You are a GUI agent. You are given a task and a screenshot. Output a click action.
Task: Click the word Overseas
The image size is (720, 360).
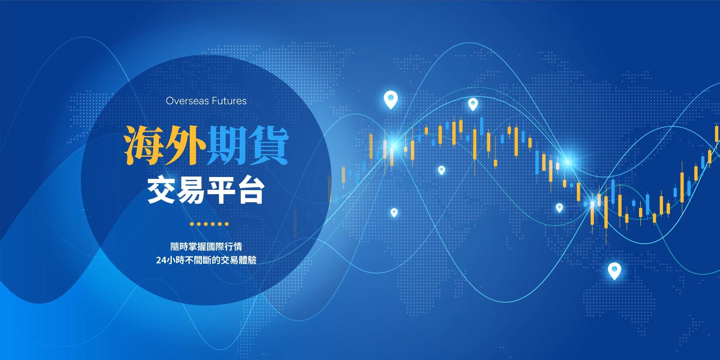[x=187, y=101]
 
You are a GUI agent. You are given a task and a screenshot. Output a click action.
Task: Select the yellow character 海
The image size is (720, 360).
[x=144, y=145]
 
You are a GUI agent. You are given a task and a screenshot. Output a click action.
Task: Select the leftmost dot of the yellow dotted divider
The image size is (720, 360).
[x=192, y=224]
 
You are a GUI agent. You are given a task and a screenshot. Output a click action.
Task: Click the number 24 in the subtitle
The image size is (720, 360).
[x=161, y=260]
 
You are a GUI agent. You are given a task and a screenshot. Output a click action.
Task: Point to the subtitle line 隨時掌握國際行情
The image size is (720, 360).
[x=206, y=246]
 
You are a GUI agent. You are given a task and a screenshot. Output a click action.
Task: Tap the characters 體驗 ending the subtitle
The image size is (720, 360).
[x=247, y=260]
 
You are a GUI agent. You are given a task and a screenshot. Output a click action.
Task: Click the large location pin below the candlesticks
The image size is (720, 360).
[x=614, y=270]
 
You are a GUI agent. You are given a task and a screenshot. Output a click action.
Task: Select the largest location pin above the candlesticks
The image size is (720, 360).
[x=391, y=99]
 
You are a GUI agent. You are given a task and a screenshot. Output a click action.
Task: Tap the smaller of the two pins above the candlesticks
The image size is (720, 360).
[x=473, y=103]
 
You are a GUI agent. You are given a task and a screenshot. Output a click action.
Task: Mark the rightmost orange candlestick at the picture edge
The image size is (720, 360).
[x=717, y=134]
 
